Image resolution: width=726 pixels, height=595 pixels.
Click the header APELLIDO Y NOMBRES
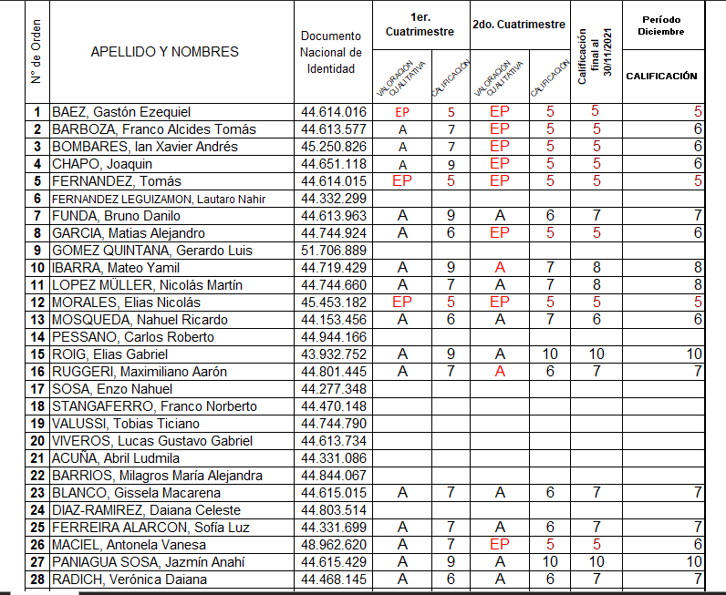[165, 52]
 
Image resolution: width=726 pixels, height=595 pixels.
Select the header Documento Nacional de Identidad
[331, 52]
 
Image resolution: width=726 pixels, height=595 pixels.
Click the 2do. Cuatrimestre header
[518, 25]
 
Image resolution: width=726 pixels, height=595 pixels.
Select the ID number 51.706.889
[333, 251]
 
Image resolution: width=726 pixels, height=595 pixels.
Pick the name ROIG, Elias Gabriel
[109, 354]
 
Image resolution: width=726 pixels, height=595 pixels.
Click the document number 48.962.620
[333, 545]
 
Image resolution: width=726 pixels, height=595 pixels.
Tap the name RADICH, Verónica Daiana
[129, 580]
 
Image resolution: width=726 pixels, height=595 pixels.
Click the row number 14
[37, 337]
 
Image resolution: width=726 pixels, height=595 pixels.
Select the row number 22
[37, 476]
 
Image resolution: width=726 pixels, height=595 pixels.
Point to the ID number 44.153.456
[333, 320]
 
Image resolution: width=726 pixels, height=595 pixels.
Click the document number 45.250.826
[333, 147]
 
